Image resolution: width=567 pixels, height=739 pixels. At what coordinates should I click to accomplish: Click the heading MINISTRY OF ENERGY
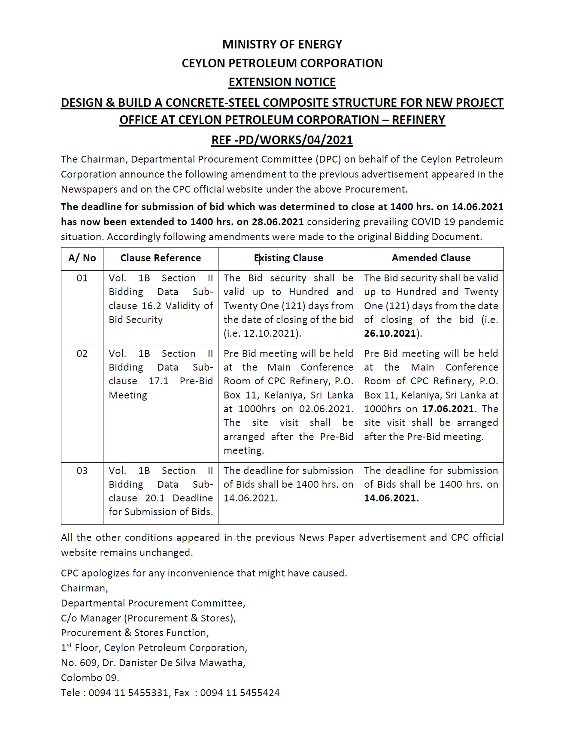[x=282, y=45]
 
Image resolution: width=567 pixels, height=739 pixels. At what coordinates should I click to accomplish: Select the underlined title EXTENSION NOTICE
[x=282, y=82]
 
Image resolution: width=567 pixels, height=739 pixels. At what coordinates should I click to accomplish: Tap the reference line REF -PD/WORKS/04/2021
[x=282, y=140]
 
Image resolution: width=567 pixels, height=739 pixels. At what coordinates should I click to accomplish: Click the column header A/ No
[x=82, y=258]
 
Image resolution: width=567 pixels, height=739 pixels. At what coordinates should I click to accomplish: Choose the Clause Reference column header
[x=161, y=258]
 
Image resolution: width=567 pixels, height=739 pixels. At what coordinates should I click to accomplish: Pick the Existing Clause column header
[x=288, y=258]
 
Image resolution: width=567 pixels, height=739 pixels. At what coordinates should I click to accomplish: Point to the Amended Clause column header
[x=431, y=258]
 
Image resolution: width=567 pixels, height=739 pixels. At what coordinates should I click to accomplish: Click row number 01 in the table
[x=82, y=278]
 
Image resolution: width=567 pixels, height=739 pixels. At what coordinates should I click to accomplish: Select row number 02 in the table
[x=82, y=353]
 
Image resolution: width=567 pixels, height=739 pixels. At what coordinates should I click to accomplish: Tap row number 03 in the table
[x=82, y=471]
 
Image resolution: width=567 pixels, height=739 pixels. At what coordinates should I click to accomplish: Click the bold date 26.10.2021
[x=390, y=333]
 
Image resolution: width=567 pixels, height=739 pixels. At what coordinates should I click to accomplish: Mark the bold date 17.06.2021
[x=448, y=409]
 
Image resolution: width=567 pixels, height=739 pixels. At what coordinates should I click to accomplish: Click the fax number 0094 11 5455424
[x=240, y=693]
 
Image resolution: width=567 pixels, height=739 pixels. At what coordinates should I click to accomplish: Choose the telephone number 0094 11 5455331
[x=128, y=693]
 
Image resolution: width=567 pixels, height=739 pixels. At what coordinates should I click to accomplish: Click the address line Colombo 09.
[x=90, y=678]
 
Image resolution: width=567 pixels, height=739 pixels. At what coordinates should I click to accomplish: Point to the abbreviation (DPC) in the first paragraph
[x=329, y=159]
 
